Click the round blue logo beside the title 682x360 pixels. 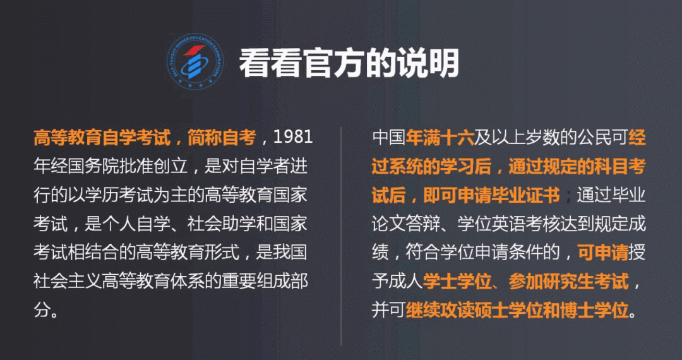[195, 62]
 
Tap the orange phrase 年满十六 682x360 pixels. [440, 138]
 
